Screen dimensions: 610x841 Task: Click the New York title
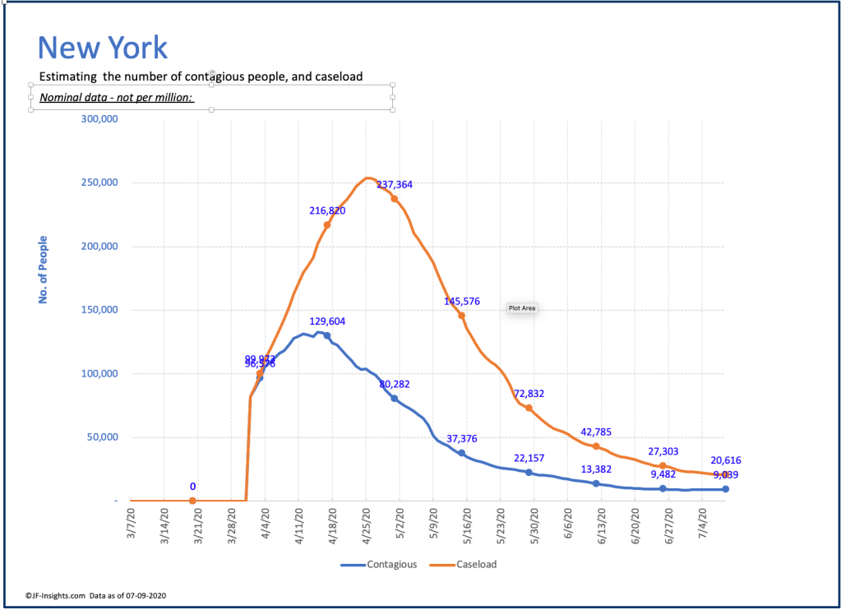pos(103,47)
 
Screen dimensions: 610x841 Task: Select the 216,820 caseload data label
pos(327,210)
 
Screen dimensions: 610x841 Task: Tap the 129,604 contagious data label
pos(328,321)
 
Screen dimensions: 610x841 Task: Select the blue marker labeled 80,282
pos(395,399)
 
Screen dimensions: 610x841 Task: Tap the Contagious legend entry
pos(379,565)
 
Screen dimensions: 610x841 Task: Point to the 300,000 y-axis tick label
pos(99,119)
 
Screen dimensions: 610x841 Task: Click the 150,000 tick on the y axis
pos(99,310)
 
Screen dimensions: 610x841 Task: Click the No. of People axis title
pos(44,270)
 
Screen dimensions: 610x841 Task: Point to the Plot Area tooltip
pos(522,308)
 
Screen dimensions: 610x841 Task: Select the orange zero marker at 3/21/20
pos(192,501)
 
